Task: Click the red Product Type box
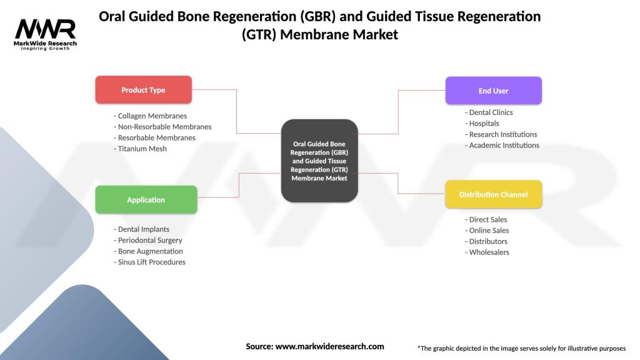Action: [x=143, y=90]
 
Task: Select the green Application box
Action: [x=146, y=200]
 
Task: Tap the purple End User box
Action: [x=493, y=91]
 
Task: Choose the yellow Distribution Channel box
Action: [x=493, y=194]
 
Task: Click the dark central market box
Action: [x=319, y=161]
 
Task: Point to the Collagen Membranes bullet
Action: [x=151, y=116]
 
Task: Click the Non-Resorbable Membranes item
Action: [x=162, y=127]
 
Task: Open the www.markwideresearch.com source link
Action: [x=329, y=346]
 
